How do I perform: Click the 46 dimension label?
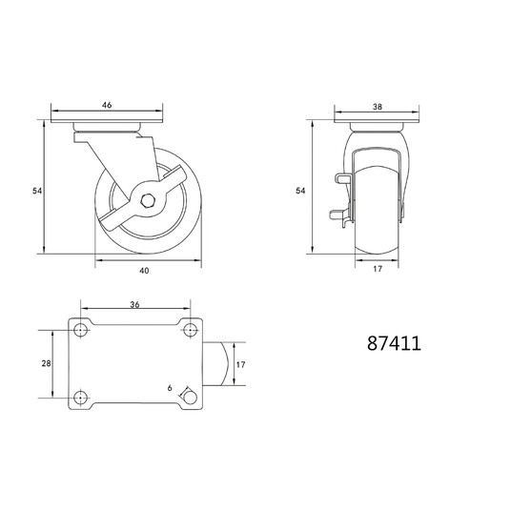107,105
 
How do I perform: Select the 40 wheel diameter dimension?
144,271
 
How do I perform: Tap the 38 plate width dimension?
378,107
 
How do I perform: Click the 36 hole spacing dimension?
134,304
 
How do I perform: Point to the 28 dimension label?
47,363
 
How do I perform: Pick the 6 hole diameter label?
170,388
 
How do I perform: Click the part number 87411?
394,343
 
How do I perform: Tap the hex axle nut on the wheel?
148,201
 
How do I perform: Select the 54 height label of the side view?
37,191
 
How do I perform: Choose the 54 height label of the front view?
300,191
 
